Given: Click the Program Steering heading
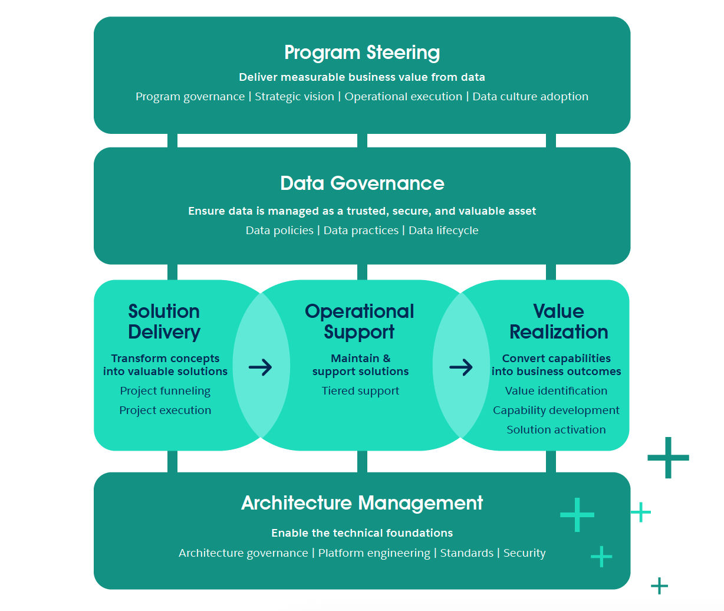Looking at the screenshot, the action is (362, 52).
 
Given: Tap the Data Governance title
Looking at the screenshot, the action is (362, 183).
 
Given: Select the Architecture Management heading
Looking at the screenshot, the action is (362, 504).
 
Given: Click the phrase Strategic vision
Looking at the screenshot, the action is (294, 97).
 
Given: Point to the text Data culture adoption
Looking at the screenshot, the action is (530, 97).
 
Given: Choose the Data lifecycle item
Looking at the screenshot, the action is (443, 231).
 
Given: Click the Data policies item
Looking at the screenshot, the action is (279, 231).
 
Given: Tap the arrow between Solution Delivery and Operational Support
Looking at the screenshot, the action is (261, 367).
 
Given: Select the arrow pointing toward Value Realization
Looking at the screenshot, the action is (461, 367).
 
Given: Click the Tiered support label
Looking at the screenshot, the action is (360, 391).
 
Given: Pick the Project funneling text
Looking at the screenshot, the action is (165, 391).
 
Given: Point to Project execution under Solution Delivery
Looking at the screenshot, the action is (165, 410).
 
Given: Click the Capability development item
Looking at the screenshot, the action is (556, 410).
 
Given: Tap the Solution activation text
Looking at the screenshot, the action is (556, 430).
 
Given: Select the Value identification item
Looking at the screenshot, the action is (556, 391).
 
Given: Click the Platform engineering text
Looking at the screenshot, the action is (374, 553).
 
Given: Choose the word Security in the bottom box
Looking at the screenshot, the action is (524, 553).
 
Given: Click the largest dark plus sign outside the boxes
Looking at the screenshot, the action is (668, 458).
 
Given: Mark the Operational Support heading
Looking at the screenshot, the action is (360, 321).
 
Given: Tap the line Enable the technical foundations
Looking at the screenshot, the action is (362, 533).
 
